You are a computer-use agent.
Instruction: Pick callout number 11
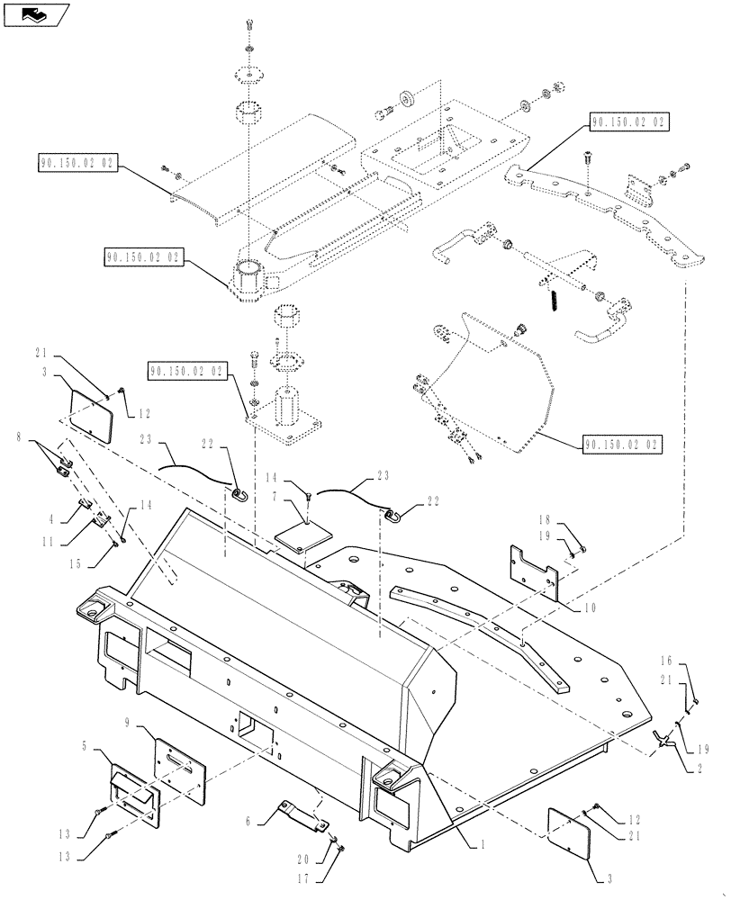tap(47, 543)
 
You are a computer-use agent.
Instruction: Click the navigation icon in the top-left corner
tap(38, 13)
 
